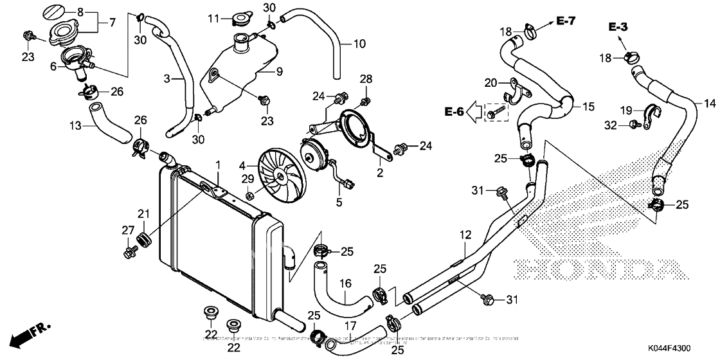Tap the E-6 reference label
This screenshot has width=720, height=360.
(x=453, y=112)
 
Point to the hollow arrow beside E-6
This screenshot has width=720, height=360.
(x=474, y=113)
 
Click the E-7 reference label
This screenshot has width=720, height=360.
(x=566, y=22)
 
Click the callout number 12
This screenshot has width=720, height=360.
(x=465, y=237)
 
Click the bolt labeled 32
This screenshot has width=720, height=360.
(x=633, y=124)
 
